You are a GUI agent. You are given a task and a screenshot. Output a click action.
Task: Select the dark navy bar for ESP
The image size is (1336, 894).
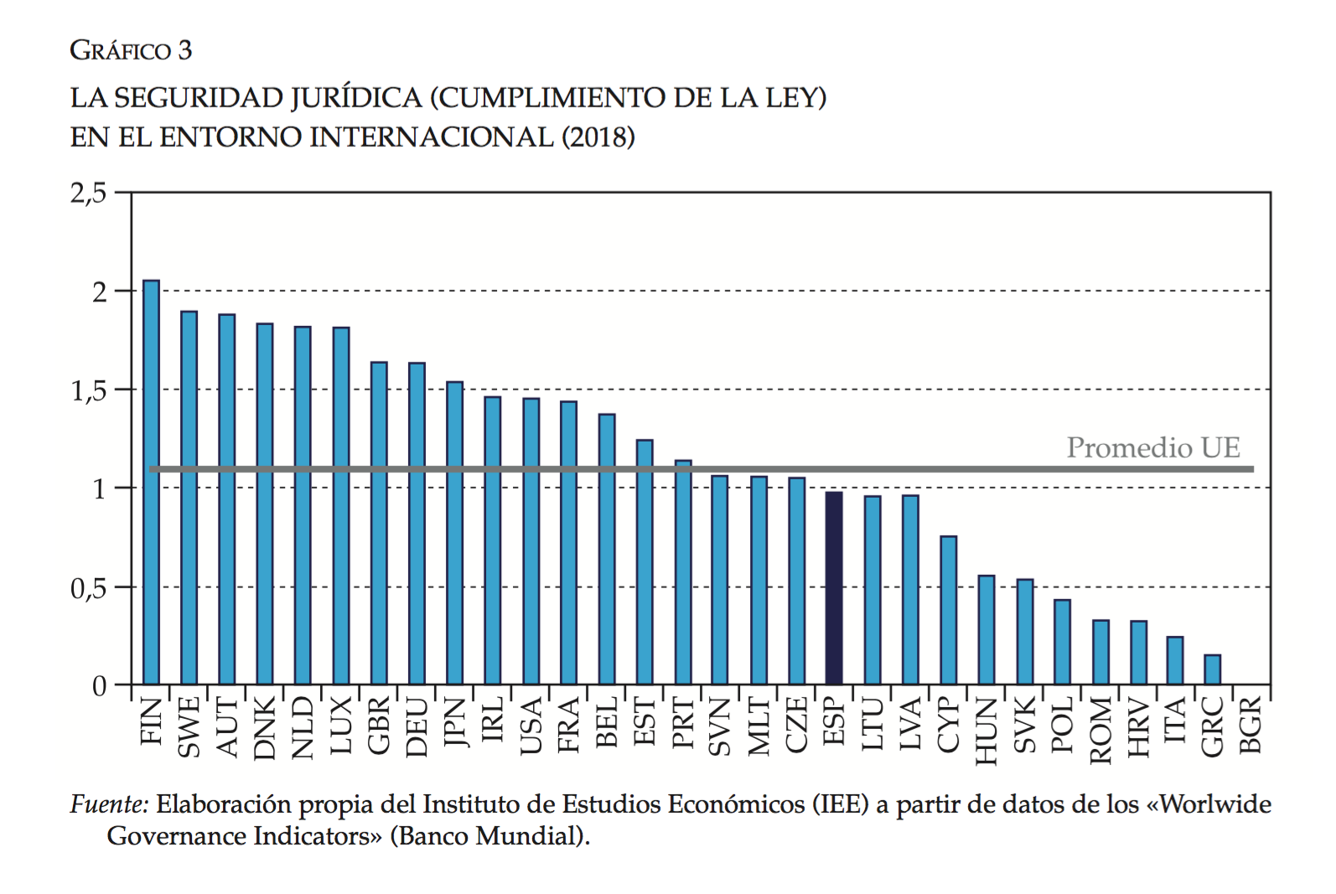[834, 588]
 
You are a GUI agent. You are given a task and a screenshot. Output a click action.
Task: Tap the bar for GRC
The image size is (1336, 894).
[1212, 669]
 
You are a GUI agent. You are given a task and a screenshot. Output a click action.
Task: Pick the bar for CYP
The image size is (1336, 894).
[948, 610]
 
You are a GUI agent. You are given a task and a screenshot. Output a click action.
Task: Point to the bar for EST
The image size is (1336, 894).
[645, 561]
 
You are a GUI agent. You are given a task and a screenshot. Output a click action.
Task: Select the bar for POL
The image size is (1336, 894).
[1062, 642]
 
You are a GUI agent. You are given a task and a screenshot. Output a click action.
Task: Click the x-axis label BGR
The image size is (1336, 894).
[1251, 725]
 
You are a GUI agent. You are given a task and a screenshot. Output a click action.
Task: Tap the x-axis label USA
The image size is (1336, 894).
[531, 726]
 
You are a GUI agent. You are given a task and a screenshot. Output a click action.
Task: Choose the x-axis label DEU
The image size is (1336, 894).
[417, 726]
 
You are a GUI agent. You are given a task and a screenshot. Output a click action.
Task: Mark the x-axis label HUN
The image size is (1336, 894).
[986, 731]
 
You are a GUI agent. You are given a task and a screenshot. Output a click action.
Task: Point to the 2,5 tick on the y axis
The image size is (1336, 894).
[89, 194]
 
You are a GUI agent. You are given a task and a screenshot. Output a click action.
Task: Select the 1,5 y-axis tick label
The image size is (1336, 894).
[89, 391]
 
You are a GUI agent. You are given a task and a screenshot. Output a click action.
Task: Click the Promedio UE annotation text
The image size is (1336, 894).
[1152, 447]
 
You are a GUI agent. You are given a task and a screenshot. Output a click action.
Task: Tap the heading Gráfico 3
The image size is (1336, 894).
[131, 50]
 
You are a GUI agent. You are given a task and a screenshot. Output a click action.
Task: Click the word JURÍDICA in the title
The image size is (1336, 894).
[356, 98]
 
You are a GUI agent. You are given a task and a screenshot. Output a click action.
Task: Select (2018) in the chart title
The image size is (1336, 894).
[598, 137]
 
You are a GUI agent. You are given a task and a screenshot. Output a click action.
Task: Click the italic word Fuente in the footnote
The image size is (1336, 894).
[108, 804]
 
